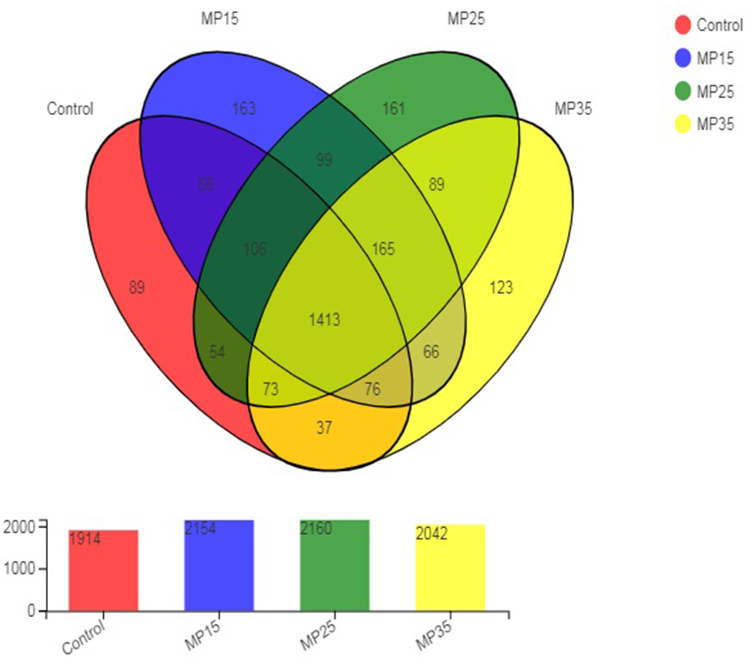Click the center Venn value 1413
[x=324, y=320]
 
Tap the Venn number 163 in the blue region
[x=244, y=108]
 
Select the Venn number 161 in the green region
[x=393, y=108]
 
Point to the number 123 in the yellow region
[x=501, y=287]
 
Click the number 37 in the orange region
[x=324, y=427]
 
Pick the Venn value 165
[x=383, y=248]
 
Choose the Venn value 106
[x=255, y=249]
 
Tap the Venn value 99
[x=324, y=160]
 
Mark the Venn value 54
[x=217, y=352]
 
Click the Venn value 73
[x=271, y=389]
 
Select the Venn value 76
[x=372, y=389]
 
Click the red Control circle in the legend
[x=683, y=25]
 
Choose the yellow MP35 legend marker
[x=683, y=124]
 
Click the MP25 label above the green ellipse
[x=466, y=19]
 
